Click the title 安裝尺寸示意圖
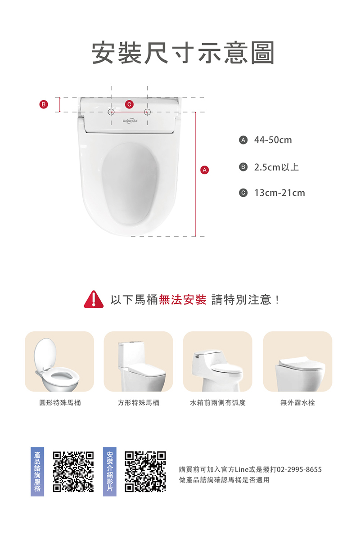(x=183, y=54)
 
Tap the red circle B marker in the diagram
(x=43, y=104)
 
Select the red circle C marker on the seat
(x=129, y=104)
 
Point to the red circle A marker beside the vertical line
(x=205, y=170)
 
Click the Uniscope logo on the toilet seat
(x=130, y=121)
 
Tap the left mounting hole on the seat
(x=112, y=112)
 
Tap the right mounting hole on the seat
(x=147, y=112)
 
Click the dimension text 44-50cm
(x=273, y=140)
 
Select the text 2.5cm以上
(x=276, y=167)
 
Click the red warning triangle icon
(x=94, y=300)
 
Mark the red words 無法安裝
(x=182, y=300)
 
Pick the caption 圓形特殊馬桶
(x=60, y=403)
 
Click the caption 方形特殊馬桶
(x=138, y=403)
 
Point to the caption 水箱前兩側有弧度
(x=218, y=403)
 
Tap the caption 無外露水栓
(x=297, y=403)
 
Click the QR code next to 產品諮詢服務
(x=73, y=471)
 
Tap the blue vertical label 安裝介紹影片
(x=109, y=472)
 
